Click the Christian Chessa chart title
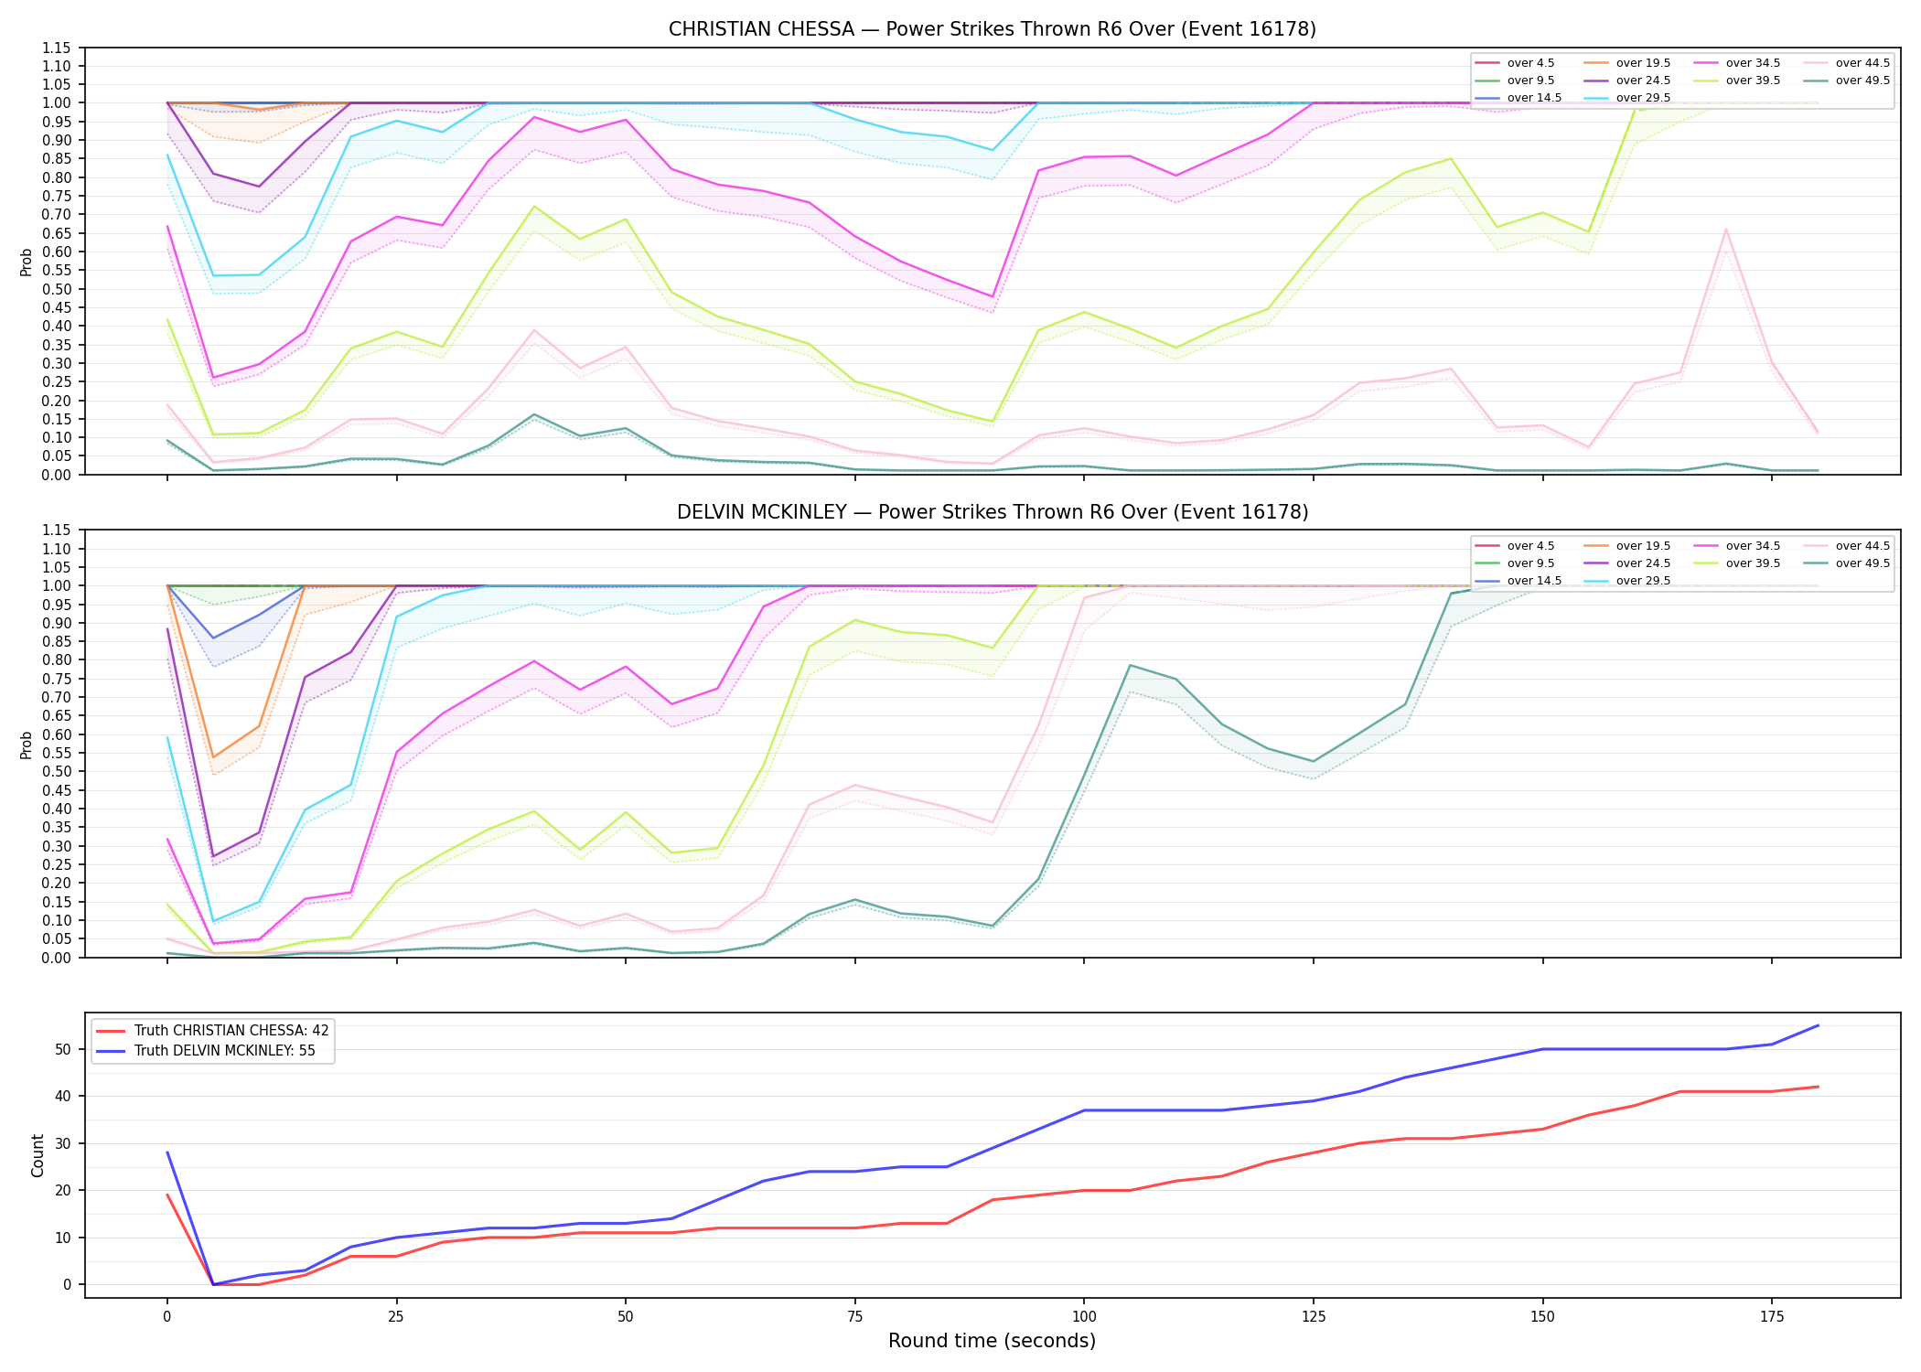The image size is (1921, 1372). point(993,29)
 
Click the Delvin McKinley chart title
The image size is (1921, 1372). point(993,512)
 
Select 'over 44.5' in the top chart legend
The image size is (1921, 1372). point(1862,63)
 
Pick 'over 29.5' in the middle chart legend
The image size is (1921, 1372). point(1643,581)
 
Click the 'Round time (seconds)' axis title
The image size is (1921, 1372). point(993,1341)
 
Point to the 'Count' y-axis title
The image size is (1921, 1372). point(38,1155)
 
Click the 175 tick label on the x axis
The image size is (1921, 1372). point(1772,1317)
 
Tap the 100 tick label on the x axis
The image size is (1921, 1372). point(1084,1317)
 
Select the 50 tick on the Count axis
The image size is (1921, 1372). point(63,1049)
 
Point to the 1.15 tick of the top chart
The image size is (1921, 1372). point(58,48)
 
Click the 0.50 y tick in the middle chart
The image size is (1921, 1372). point(58,771)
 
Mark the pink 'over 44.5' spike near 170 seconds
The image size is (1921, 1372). point(1725,230)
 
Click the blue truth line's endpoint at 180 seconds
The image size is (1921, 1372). point(1818,1025)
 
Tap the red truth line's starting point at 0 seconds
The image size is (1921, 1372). point(167,1195)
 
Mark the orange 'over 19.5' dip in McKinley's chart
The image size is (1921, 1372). point(213,757)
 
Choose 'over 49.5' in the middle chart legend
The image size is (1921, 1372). point(1862,563)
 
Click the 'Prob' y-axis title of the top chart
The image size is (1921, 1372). point(27,262)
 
